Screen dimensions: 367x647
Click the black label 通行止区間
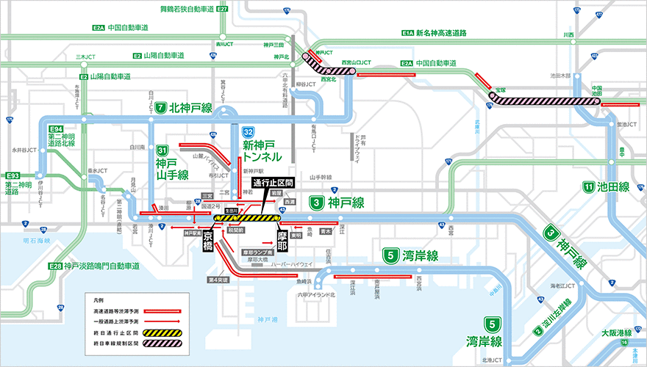point(273,181)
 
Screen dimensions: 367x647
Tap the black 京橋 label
point(209,239)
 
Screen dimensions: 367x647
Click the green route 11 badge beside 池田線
point(588,186)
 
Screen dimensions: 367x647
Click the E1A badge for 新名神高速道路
point(408,33)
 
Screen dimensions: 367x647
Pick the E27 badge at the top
point(223,9)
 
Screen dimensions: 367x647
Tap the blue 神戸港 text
point(264,321)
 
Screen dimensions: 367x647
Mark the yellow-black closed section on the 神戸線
point(247,218)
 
